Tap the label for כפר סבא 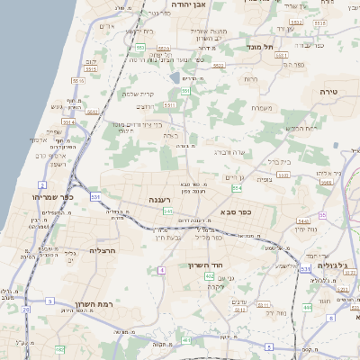tap(235, 212)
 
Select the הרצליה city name tap(105, 250)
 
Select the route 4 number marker tap(161, 270)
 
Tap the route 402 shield tap(210, 279)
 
